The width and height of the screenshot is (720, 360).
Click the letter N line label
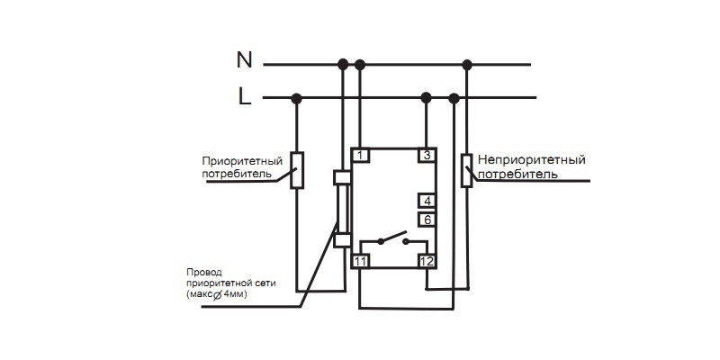click(x=244, y=60)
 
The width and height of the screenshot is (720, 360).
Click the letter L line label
click(x=244, y=96)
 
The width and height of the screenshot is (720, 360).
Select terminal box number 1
click(x=360, y=156)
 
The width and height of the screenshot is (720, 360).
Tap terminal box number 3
click(x=427, y=156)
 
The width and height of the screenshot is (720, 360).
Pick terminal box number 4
click(x=427, y=202)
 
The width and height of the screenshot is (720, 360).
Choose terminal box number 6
click(x=427, y=219)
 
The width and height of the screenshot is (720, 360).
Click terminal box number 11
click(x=360, y=261)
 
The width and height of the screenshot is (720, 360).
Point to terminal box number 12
click(x=427, y=261)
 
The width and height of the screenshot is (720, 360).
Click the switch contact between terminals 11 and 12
click(x=393, y=240)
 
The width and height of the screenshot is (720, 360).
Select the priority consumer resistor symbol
click(x=297, y=170)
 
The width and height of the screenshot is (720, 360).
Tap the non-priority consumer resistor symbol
click(x=466, y=171)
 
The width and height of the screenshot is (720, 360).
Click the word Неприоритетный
click(x=531, y=160)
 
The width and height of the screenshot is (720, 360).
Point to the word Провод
click(x=202, y=272)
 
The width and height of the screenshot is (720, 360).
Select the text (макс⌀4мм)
click(x=216, y=294)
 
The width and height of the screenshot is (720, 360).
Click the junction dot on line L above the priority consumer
click(x=297, y=97)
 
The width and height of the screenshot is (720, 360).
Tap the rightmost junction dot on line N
click(x=466, y=64)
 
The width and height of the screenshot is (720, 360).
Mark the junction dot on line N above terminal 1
click(x=360, y=64)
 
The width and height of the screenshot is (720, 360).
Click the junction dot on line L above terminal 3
click(x=427, y=97)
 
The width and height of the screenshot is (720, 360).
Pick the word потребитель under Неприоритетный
click(x=517, y=173)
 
